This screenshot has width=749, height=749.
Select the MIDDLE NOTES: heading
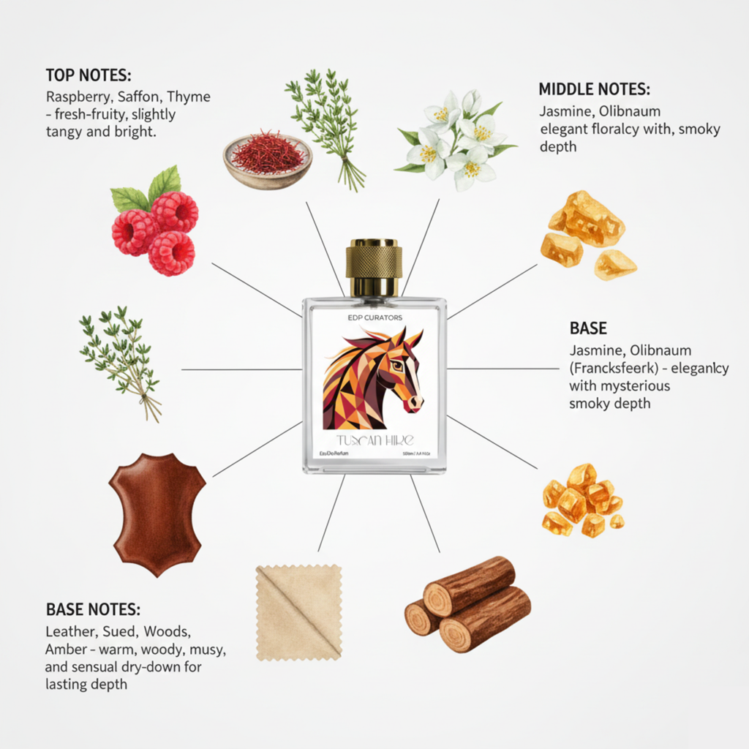tap(594, 90)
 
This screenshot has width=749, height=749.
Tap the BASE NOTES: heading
tap(93, 610)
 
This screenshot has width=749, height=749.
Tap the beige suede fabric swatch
tap(298, 612)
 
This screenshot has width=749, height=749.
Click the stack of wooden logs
tap(468, 603)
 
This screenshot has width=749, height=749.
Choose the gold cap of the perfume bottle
tap(373, 267)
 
